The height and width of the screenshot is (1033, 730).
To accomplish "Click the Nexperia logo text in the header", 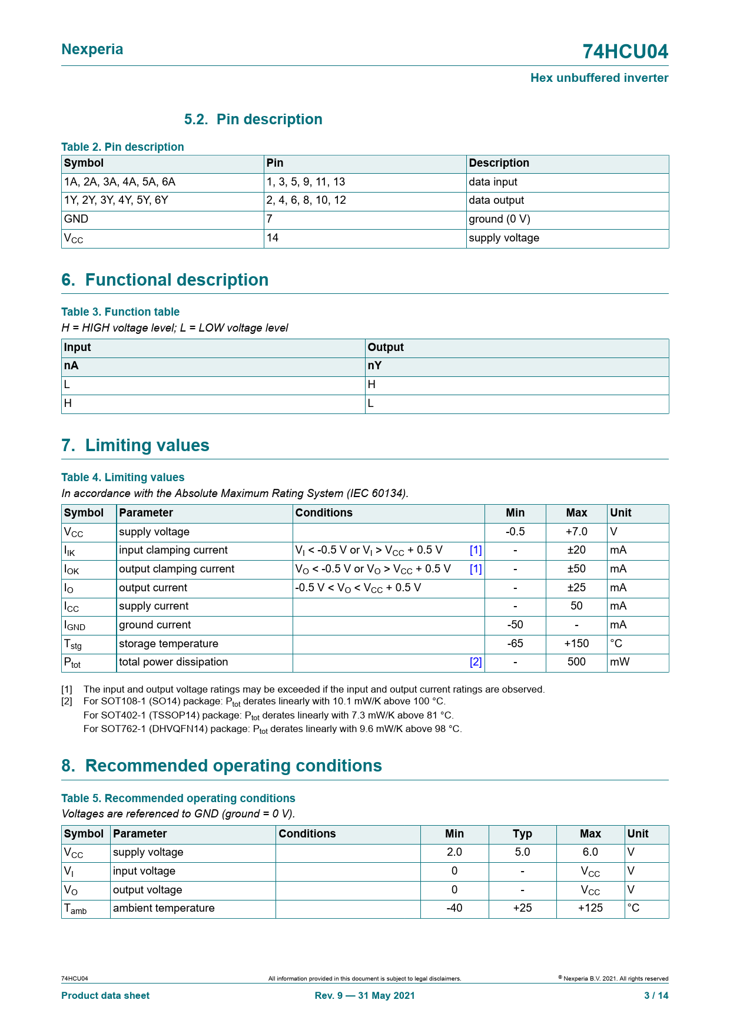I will (x=92, y=49).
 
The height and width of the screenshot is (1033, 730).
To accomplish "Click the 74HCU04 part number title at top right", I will (x=625, y=52).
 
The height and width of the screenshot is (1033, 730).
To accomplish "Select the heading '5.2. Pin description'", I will (x=253, y=120).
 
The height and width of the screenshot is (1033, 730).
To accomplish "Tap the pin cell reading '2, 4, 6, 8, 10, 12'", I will (x=306, y=200).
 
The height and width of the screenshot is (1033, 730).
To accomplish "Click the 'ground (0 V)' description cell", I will (x=499, y=219).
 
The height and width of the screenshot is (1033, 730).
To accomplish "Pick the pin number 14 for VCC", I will (x=273, y=238).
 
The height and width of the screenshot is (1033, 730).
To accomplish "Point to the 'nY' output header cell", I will (x=375, y=366).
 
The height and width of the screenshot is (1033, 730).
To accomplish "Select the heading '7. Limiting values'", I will (x=135, y=445).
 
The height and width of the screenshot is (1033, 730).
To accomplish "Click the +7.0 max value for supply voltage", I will (x=576, y=532).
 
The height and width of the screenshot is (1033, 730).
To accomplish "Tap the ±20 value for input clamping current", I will (x=576, y=550).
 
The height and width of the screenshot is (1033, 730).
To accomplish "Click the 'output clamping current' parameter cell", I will (x=177, y=569).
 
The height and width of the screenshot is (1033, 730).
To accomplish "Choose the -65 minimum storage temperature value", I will (x=515, y=644).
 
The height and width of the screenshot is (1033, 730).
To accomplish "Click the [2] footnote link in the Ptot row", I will (x=476, y=662).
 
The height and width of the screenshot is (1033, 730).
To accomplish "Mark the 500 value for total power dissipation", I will (x=576, y=662).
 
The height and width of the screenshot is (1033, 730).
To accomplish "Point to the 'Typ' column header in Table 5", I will (x=522, y=834).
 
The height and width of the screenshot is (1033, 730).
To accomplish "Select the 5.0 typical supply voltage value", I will (x=522, y=852).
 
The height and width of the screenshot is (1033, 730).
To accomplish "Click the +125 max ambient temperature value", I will (x=590, y=908).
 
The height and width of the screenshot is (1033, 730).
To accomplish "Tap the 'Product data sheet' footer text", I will (x=105, y=995).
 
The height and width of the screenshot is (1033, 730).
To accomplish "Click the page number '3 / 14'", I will (x=656, y=995).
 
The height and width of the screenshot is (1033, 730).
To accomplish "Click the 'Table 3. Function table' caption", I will (x=121, y=312).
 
